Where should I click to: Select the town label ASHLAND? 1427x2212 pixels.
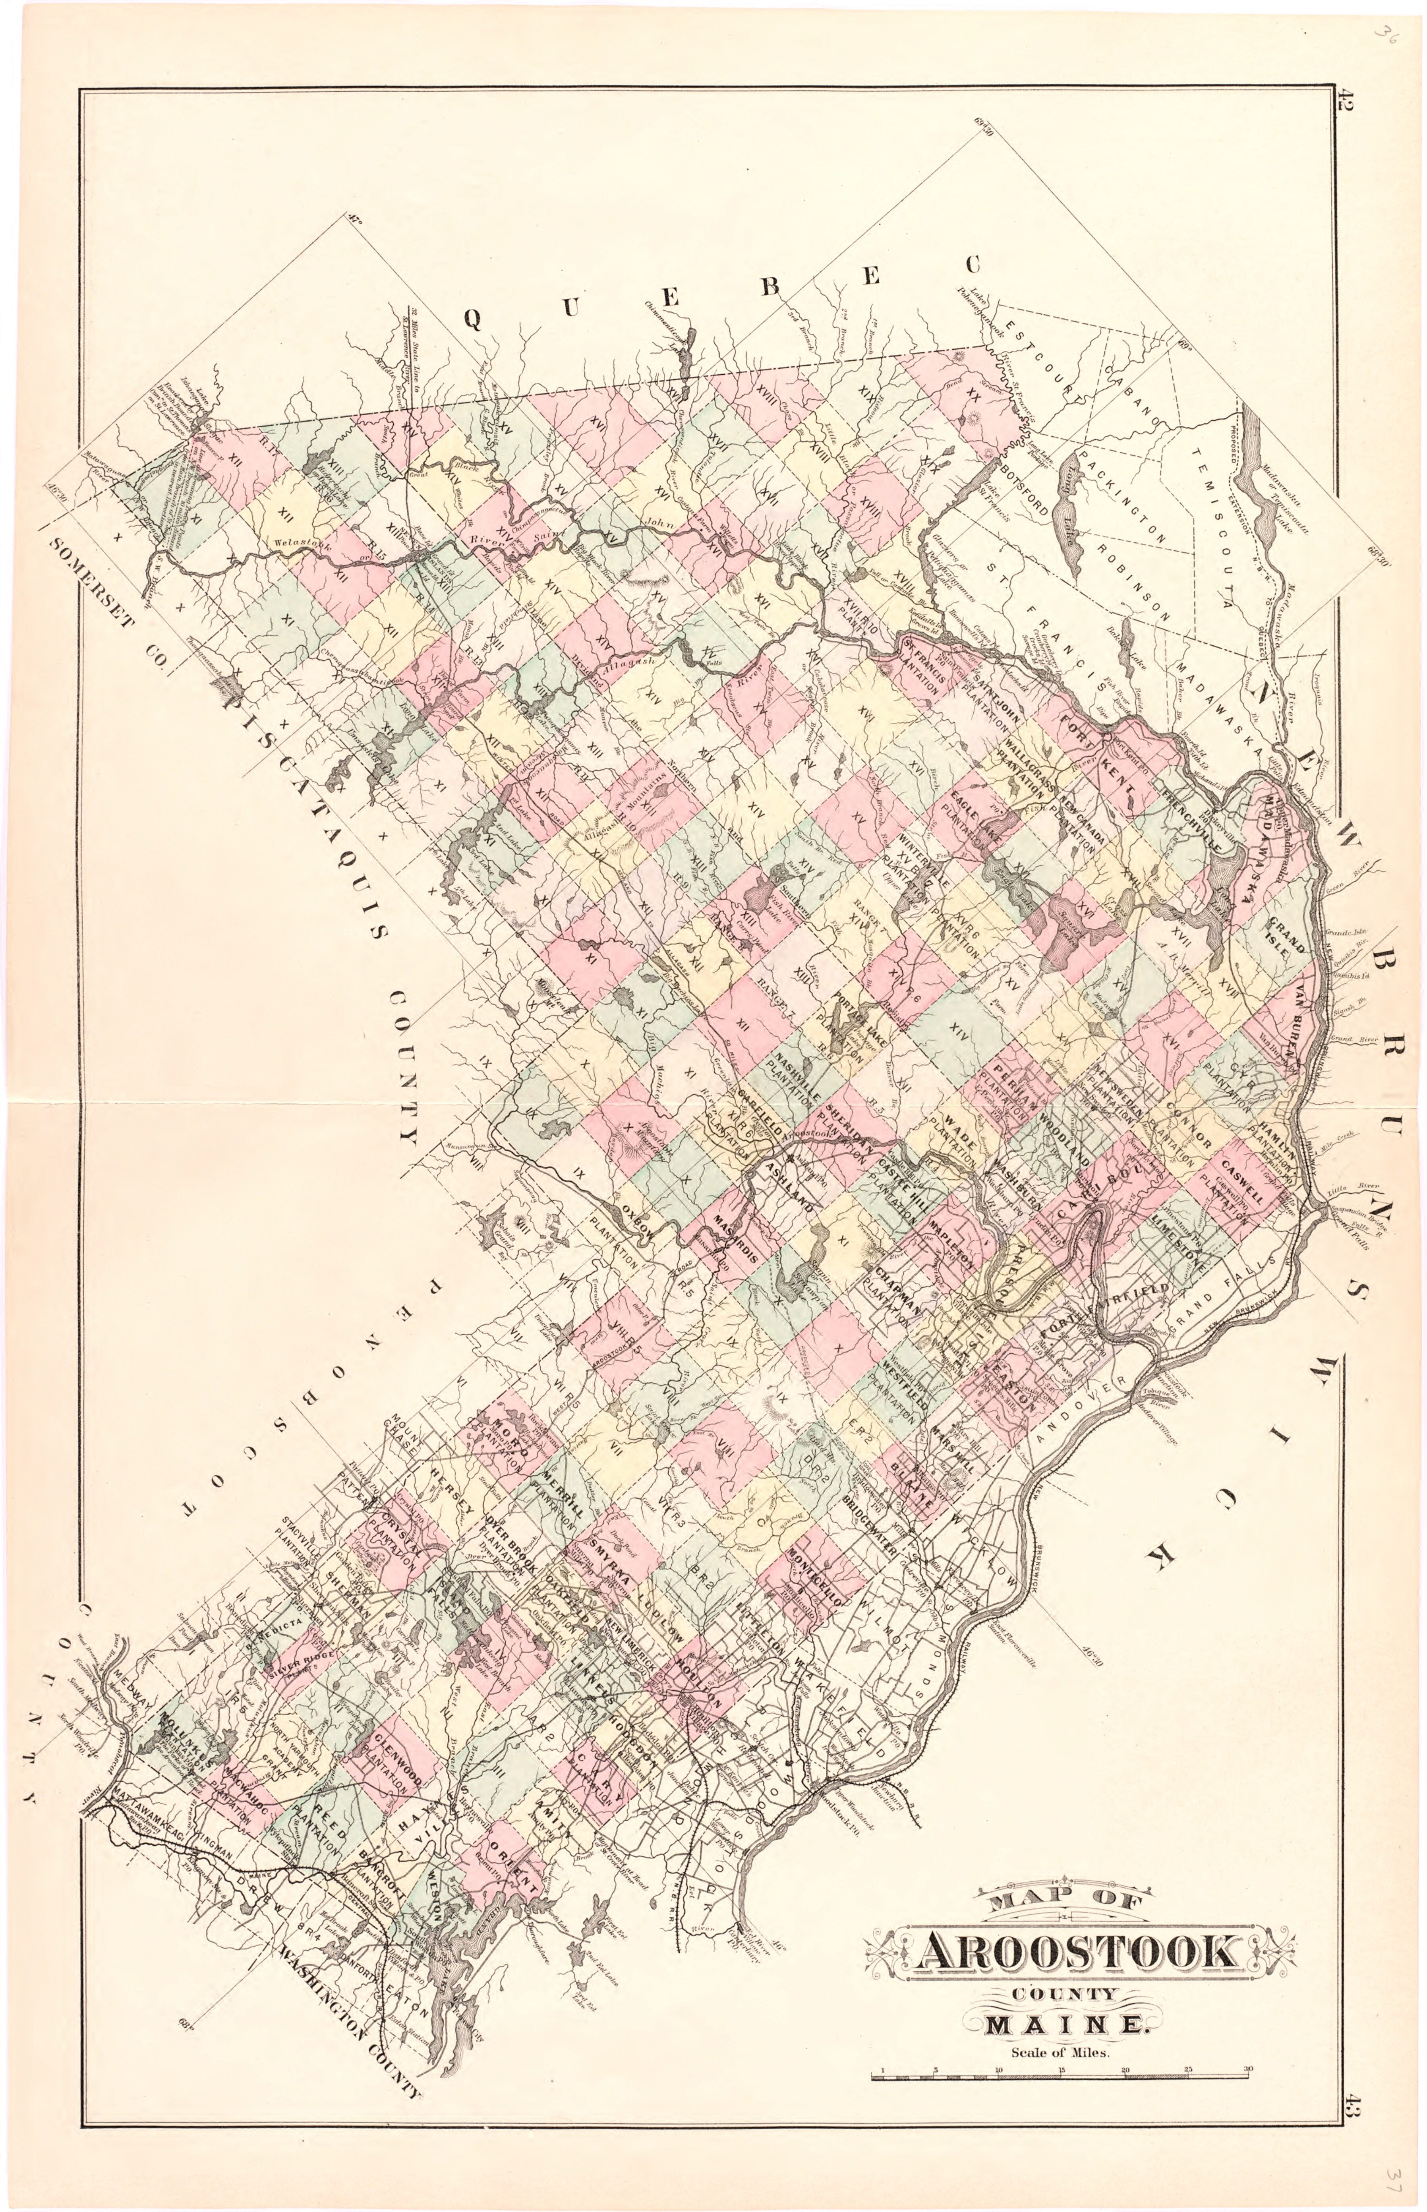click(789, 1191)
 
